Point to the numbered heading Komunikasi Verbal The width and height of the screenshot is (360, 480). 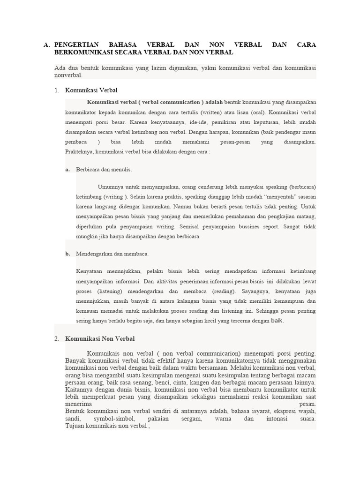tap(91, 90)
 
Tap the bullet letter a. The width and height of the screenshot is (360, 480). tap(68, 170)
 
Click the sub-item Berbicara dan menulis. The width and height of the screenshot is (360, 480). tap(104, 170)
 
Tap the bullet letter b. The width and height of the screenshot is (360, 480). tap(68, 254)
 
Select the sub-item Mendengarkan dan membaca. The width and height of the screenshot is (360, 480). tap(112, 254)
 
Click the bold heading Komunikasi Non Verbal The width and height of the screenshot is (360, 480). tap(100, 338)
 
